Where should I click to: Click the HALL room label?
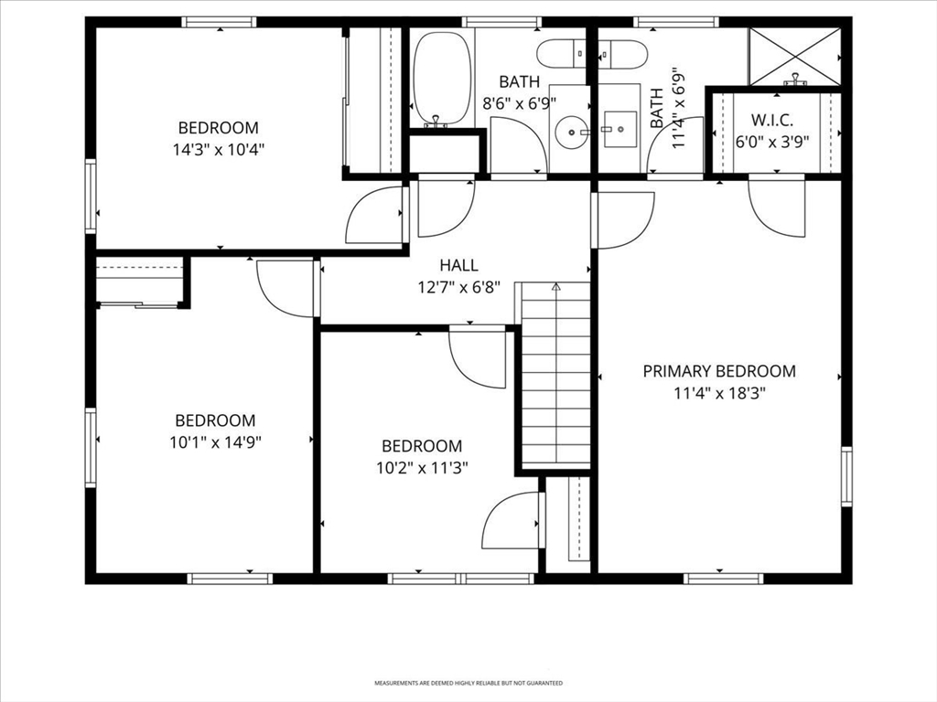(458, 265)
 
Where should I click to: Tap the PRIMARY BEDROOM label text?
(718, 371)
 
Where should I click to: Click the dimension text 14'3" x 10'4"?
(218, 148)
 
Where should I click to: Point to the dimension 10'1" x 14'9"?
(215, 441)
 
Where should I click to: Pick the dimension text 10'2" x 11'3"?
(421, 467)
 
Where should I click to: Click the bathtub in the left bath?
(441, 79)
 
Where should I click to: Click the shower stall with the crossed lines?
(793, 56)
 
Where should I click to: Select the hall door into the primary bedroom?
(622, 219)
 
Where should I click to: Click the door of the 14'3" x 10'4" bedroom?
(375, 216)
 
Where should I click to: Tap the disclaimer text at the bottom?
(468, 683)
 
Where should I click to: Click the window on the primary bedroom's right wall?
(846, 475)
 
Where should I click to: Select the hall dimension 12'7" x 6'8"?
(458, 285)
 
